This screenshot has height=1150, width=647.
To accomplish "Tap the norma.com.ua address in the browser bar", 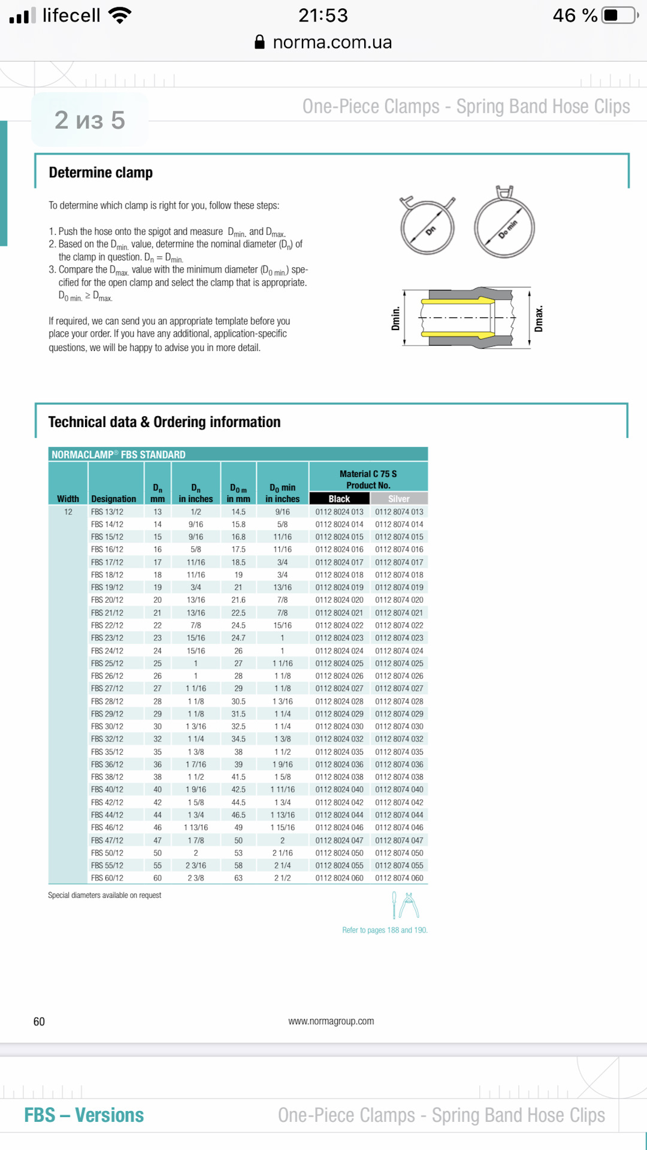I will click(331, 43).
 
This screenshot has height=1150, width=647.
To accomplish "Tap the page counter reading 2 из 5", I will click(90, 120).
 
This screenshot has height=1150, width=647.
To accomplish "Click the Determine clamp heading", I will click(101, 172).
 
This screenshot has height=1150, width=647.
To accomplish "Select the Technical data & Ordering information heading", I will click(164, 422).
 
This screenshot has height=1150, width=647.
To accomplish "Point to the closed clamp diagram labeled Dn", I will click(428, 226).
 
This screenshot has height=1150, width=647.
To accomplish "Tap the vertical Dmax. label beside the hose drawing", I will click(539, 319).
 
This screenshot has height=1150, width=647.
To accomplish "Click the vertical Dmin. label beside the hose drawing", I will click(395, 319).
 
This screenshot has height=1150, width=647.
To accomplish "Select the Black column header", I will click(339, 499).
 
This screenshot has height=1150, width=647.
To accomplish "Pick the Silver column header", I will click(398, 499).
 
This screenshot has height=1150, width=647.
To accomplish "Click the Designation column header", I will click(113, 499).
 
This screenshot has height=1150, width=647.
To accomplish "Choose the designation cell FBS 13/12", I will click(107, 512).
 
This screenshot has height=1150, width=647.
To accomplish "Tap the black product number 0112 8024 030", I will click(339, 727).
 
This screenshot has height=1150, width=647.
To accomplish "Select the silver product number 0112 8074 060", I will click(399, 878).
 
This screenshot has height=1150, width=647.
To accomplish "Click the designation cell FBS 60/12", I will click(107, 878).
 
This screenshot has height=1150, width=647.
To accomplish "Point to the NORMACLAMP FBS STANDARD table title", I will click(119, 455).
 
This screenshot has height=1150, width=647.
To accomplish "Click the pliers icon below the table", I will click(409, 905).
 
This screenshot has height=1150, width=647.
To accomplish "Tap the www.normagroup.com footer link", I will click(331, 1021).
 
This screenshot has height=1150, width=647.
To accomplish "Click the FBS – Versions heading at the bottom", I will click(84, 1115).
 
